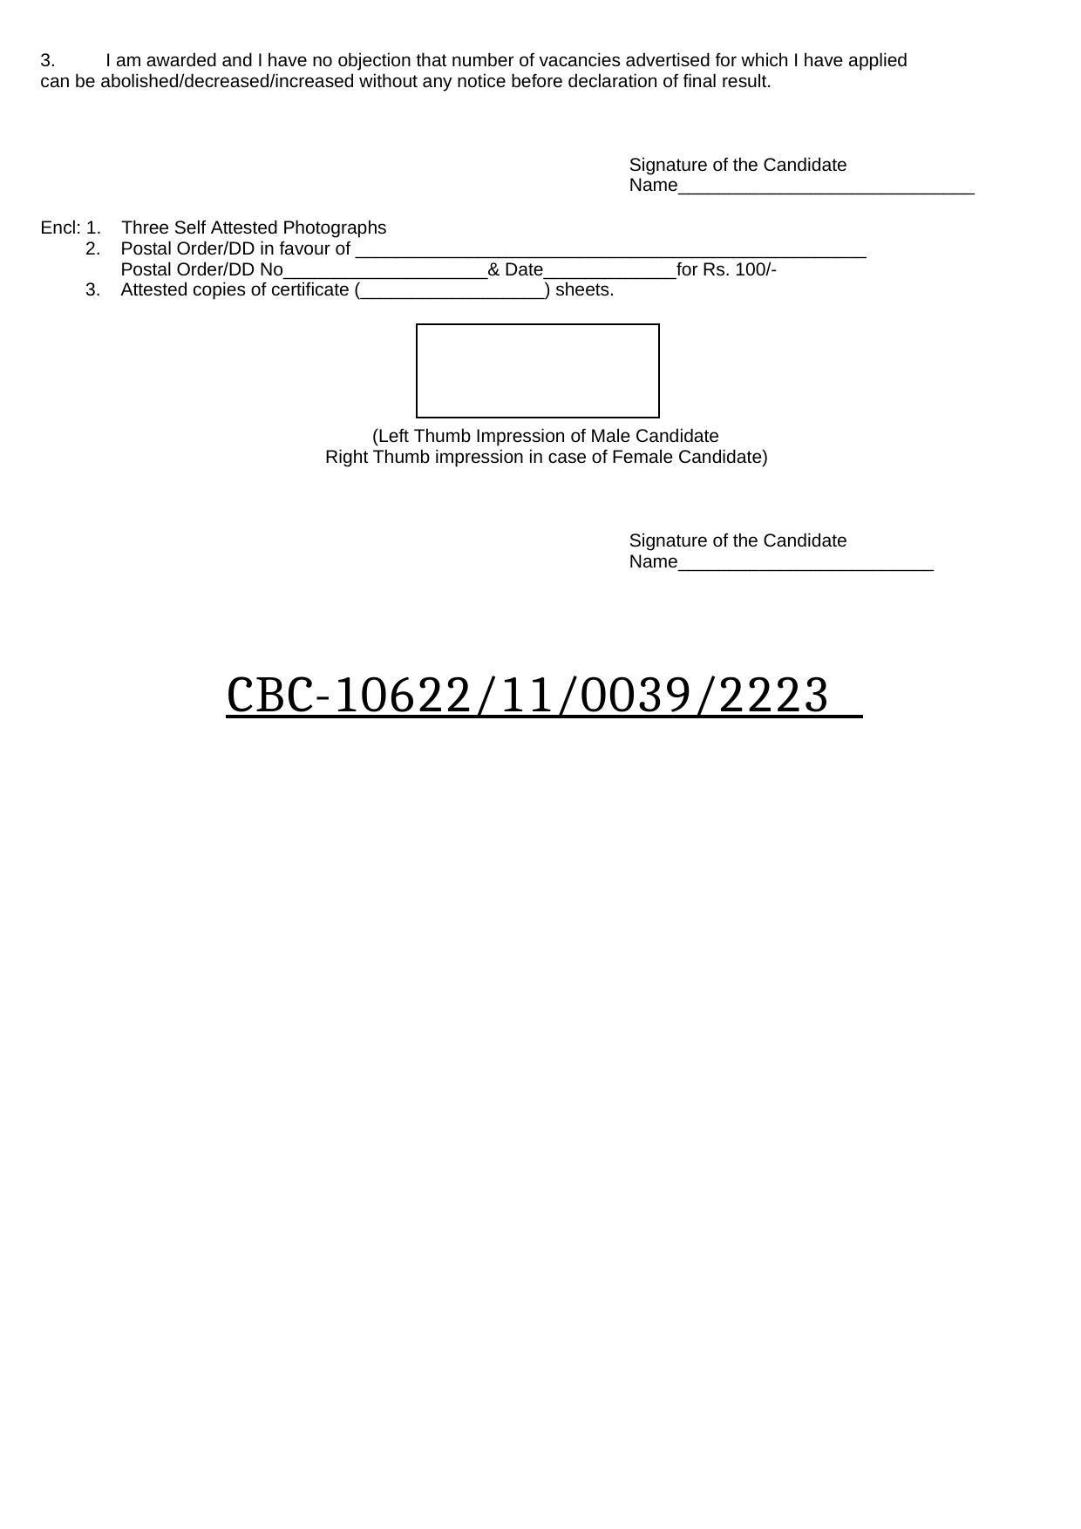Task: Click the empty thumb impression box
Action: coord(537,370)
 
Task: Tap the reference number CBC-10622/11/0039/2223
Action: coord(527,696)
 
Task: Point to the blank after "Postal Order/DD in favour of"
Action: coord(610,251)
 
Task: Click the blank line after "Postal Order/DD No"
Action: coord(384,272)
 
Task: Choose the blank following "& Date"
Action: coord(609,272)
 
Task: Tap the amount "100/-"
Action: coord(756,269)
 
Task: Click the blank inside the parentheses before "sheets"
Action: coord(452,292)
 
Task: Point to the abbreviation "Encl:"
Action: coord(60,228)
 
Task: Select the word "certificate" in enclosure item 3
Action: coord(309,290)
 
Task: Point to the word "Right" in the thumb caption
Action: coord(347,457)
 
